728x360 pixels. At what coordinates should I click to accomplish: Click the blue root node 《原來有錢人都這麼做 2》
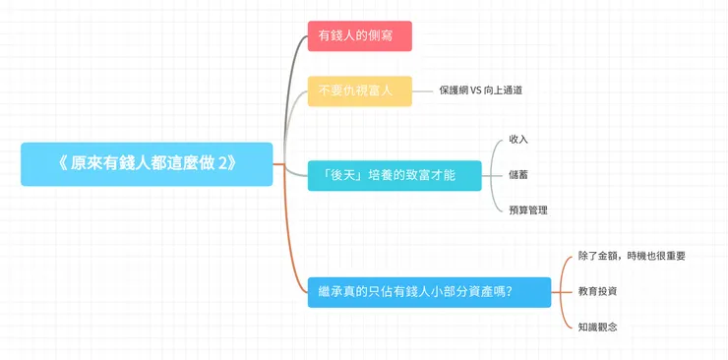(x=147, y=163)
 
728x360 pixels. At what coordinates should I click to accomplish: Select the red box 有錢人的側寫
(x=359, y=36)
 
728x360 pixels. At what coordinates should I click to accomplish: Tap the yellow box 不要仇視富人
(x=359, y=90)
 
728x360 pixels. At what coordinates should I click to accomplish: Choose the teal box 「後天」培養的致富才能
(x=394, y=176)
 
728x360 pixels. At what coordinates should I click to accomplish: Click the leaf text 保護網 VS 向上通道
(x=480, y=90)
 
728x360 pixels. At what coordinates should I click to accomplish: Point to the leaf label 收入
(x=518, y=139)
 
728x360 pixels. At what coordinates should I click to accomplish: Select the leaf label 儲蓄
(x=518, y=175)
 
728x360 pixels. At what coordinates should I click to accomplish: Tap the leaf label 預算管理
(x=527, y=210)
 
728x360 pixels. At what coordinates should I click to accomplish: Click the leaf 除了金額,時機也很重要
(x=632, y=256)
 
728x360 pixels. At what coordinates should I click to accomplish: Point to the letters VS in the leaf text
(x=476, y=90)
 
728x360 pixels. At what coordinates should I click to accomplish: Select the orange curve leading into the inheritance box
(x=291, y=246)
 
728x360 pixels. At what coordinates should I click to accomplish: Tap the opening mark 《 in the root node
(x=63, y=163)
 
